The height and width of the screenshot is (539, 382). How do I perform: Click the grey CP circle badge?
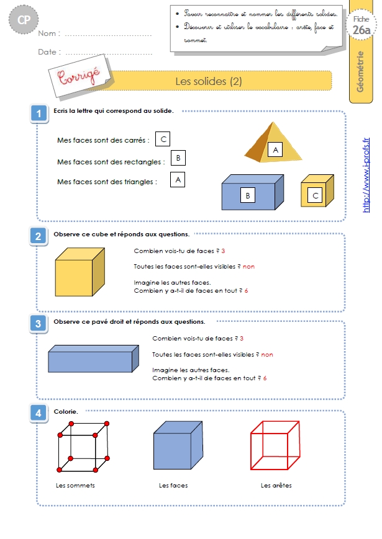(x=24, y=20)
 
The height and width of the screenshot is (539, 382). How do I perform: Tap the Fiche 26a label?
(x=362, y=25)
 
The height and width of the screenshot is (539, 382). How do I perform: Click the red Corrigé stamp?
(x=79, y=76)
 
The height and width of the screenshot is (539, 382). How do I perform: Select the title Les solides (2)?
(x=209, y=81)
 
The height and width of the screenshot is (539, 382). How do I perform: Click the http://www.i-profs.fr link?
(x=366, y=175)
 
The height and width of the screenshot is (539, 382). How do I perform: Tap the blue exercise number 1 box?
(x=39, y=114)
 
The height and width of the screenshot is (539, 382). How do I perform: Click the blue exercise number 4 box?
(x=39, y=413)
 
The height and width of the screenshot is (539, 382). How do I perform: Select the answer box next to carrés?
(x=163, y=139)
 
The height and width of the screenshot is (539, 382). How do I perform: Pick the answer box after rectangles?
(x=178, y=158)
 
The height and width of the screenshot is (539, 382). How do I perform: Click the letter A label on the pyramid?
(x=275, y=150)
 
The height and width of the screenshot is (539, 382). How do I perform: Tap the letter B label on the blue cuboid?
(x=248, y=195)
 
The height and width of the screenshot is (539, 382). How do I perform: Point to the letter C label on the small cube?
(x=316, y=195)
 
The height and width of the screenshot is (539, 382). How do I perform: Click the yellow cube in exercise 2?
(x=80, y=272)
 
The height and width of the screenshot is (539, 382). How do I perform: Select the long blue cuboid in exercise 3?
(x=93, y=359)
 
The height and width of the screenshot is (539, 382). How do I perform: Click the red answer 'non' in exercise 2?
(x=249, y=267)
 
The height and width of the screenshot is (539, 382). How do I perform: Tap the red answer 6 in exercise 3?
(x=265, y=378)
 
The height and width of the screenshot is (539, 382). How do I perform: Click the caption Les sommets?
(x=75, y=486)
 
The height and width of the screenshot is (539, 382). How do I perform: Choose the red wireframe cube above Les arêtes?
(x=275, y=445)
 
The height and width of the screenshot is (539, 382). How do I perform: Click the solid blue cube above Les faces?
(x=178, y=445)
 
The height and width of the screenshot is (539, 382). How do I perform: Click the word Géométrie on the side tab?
(x=360, y=71)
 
